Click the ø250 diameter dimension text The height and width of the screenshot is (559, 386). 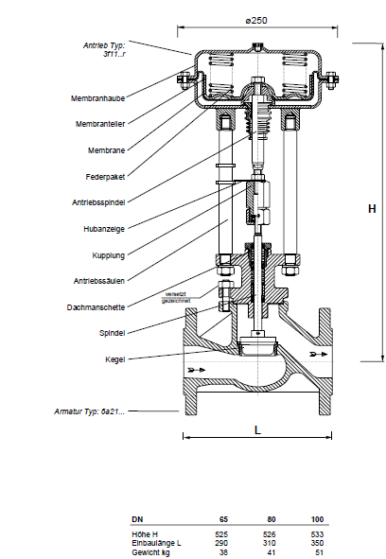[x=256, y=20]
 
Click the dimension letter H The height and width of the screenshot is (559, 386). [x=372, y=208]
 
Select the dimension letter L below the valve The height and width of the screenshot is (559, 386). [x=257, y=430]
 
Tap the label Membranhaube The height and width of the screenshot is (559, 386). [x=97, y=98]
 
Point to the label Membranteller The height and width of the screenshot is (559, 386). [x=100, y=124]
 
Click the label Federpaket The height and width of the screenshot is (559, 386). [x=105, y=177]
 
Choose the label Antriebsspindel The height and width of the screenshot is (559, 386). [x=98, y=202]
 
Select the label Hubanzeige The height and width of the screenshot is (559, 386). [x=104, y=229]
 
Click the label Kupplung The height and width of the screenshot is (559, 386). [x=109, y=255]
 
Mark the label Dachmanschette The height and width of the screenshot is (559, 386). [x=96, y=307]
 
